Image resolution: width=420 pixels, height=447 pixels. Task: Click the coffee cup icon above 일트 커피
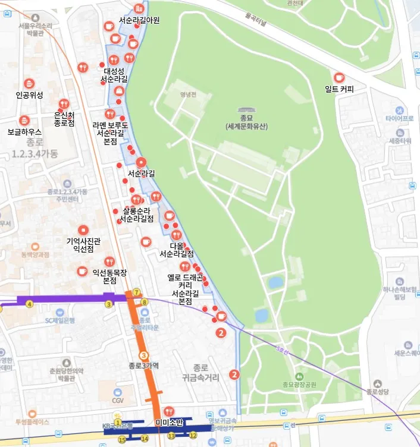point(338,78)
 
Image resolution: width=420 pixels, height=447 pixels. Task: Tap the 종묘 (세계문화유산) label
point(247,122)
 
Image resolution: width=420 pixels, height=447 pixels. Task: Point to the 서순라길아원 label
point(139,20)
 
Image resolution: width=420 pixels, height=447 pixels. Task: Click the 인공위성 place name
point(29,95)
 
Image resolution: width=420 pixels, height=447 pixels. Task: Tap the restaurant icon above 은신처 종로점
point(64,103)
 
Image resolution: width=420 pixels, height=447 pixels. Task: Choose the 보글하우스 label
point(24,131)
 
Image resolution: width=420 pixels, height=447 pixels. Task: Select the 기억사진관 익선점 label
point(83,245)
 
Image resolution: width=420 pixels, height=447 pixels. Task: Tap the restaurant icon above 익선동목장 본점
point(109,262)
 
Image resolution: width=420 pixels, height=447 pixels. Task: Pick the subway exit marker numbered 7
point(137,292)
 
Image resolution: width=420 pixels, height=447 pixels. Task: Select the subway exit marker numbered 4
point(29,304)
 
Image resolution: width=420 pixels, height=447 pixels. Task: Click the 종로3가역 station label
point(143,366)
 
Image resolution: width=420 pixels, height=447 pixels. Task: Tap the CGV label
point(117,400)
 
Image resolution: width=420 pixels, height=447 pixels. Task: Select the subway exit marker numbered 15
point(122,439)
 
